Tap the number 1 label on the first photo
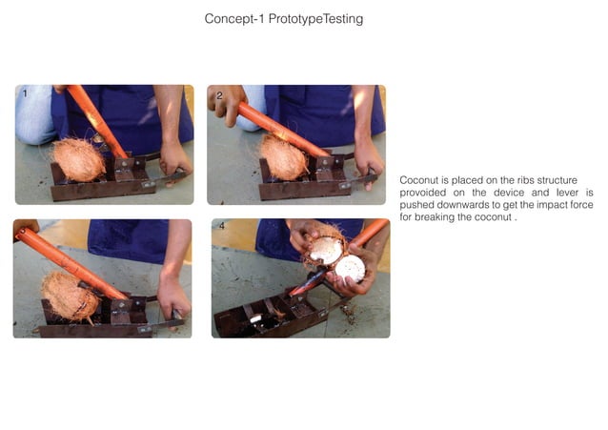tap(25, 94)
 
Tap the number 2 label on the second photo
tap(219, 95)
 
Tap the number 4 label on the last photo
tap(222, 228)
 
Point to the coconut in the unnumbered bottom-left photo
tap(70, 295)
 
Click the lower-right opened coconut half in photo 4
tap(350, 268)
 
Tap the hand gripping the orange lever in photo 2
tap(226, 102)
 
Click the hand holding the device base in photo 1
tap(174, 156)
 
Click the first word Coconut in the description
tap(420, 179)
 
